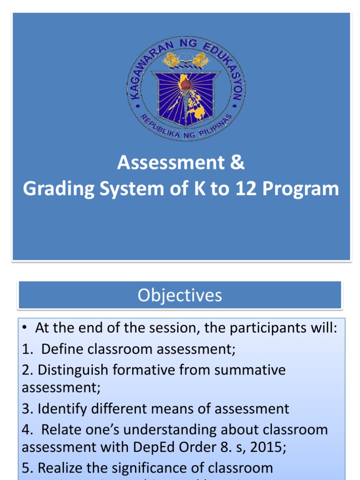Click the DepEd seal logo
pos(186,89)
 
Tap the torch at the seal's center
pos(186,84)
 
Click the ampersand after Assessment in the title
pos(238,163)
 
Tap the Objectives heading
pos(180,295)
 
